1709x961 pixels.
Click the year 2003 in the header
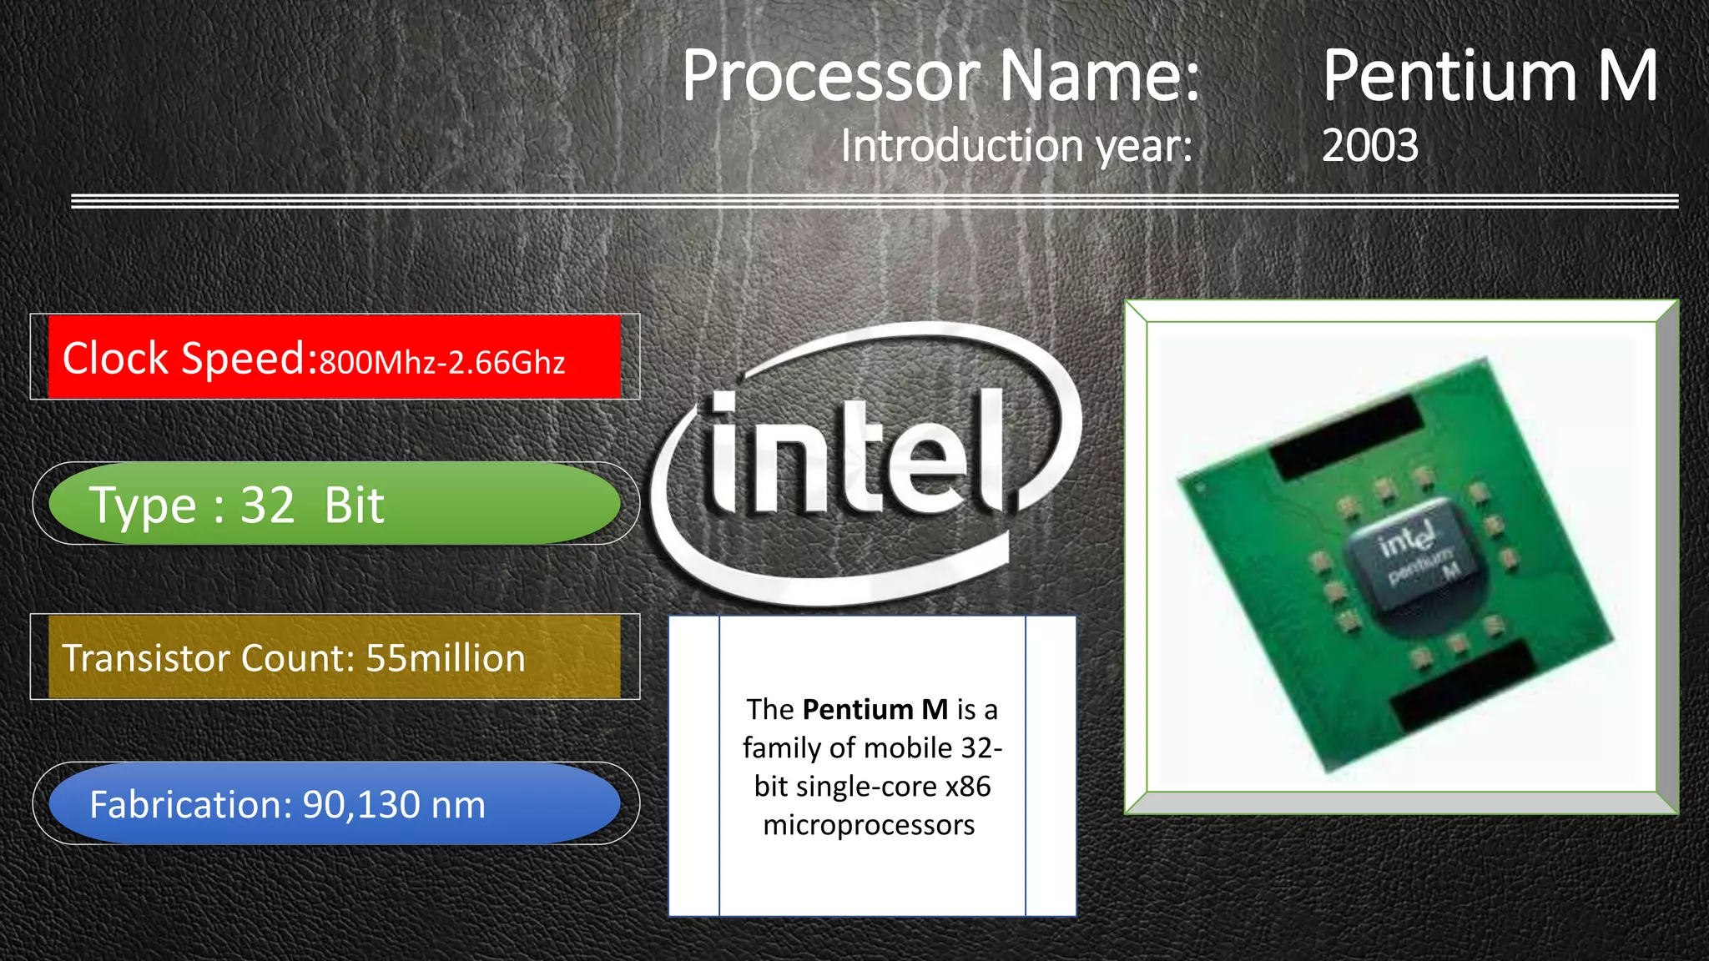click(1369, 146)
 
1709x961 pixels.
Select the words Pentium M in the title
click(1490, 76)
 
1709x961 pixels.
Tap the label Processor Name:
click(940, 76)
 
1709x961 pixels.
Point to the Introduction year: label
click(1016, 146)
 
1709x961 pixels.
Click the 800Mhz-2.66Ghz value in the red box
click(442, 363)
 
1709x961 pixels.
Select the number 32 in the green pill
click(268, 506)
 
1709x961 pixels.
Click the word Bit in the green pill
click(355, 506)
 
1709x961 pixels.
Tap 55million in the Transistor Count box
click(446, 658)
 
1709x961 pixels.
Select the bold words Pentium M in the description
click(875, 709)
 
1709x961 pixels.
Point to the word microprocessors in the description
click(869, 825)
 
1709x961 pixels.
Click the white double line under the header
click(875, 201)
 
